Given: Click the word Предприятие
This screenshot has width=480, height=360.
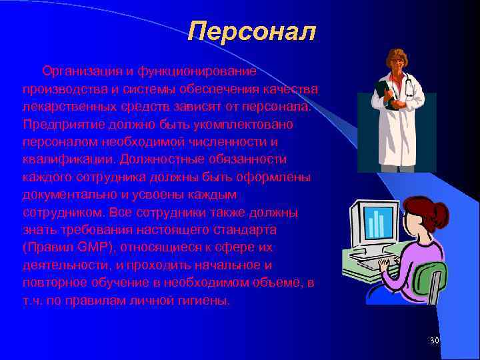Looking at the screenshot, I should pyautogui.click(x=57, y=125).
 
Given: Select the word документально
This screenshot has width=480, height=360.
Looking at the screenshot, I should pyautogui.click(x=67, y=195).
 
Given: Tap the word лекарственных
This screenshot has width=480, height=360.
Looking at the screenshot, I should pyautogui.click(x=63, y=107).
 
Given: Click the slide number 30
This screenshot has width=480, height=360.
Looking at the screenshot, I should pyautogui.click(x=435, y=341).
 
